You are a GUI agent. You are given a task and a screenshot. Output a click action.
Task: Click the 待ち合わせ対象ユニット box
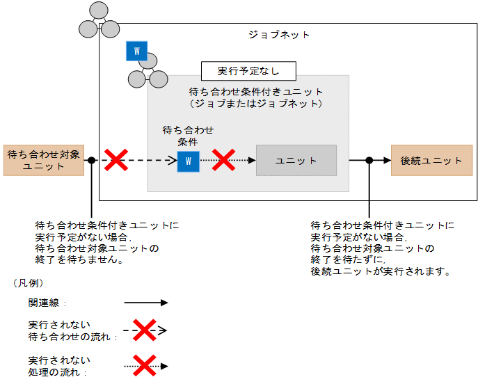[x=43, y=160]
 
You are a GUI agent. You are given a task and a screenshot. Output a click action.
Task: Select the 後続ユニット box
[x=431, y=160]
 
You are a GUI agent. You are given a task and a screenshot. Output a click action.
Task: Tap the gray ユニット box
[x=296, y=161]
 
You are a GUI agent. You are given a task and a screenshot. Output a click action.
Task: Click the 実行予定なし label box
[x=248, y=71]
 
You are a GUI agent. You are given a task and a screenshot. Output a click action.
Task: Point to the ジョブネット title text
[x=279, y=35]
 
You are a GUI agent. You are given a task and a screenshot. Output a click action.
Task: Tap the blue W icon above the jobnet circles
[x=136, y=51]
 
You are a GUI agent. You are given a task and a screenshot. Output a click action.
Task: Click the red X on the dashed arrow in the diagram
[x=115, y=160]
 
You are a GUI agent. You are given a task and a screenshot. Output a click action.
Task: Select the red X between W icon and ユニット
[x=223, y=160]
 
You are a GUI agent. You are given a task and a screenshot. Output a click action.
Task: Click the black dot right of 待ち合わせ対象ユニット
[x=91, y=160]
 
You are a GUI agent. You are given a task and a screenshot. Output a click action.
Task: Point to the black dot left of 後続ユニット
[x=369, y=160]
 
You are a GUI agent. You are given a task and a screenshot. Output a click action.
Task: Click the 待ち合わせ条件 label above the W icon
[x=188, y=135]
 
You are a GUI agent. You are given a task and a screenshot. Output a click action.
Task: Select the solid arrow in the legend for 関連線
[x=146, y=303]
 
